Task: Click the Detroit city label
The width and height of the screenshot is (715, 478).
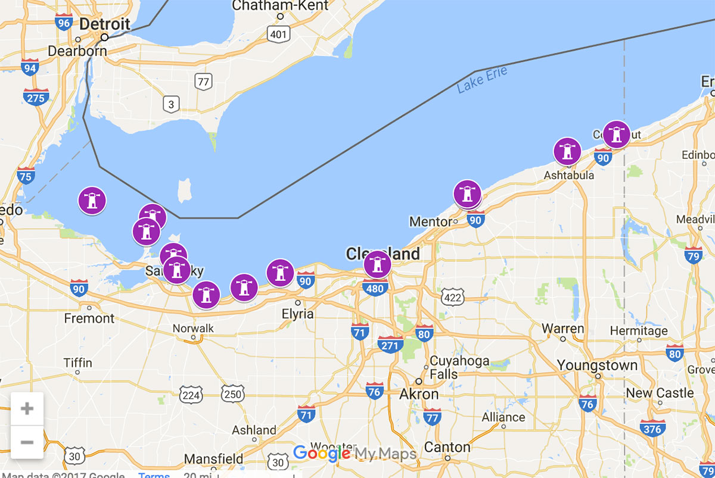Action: coord(104,24)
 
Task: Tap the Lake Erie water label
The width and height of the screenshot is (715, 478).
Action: coord(482,80)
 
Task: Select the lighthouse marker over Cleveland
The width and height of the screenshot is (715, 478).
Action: coord(377,264)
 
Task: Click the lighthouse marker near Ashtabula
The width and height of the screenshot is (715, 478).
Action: coord(567,151)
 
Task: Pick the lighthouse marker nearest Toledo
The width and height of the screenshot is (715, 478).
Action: coord(92,201)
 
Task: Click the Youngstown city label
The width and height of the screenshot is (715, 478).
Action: coord(597,365)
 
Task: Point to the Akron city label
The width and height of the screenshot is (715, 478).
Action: coord(418,394)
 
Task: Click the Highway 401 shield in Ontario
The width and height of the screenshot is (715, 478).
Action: coord(278,34)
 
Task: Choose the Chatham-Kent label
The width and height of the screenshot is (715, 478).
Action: coord(280,6)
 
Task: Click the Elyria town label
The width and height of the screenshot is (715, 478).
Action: coord(297,314)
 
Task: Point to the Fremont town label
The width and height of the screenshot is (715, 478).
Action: coord(89,318)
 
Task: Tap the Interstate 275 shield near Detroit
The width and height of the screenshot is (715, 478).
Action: coord(36,97)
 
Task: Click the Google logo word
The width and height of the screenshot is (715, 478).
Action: coord(322,454)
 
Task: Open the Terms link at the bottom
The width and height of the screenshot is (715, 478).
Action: coord(154,475)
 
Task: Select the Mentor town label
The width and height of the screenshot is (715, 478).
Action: coord(430,222)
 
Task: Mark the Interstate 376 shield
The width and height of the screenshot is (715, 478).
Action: coord(652,428)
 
